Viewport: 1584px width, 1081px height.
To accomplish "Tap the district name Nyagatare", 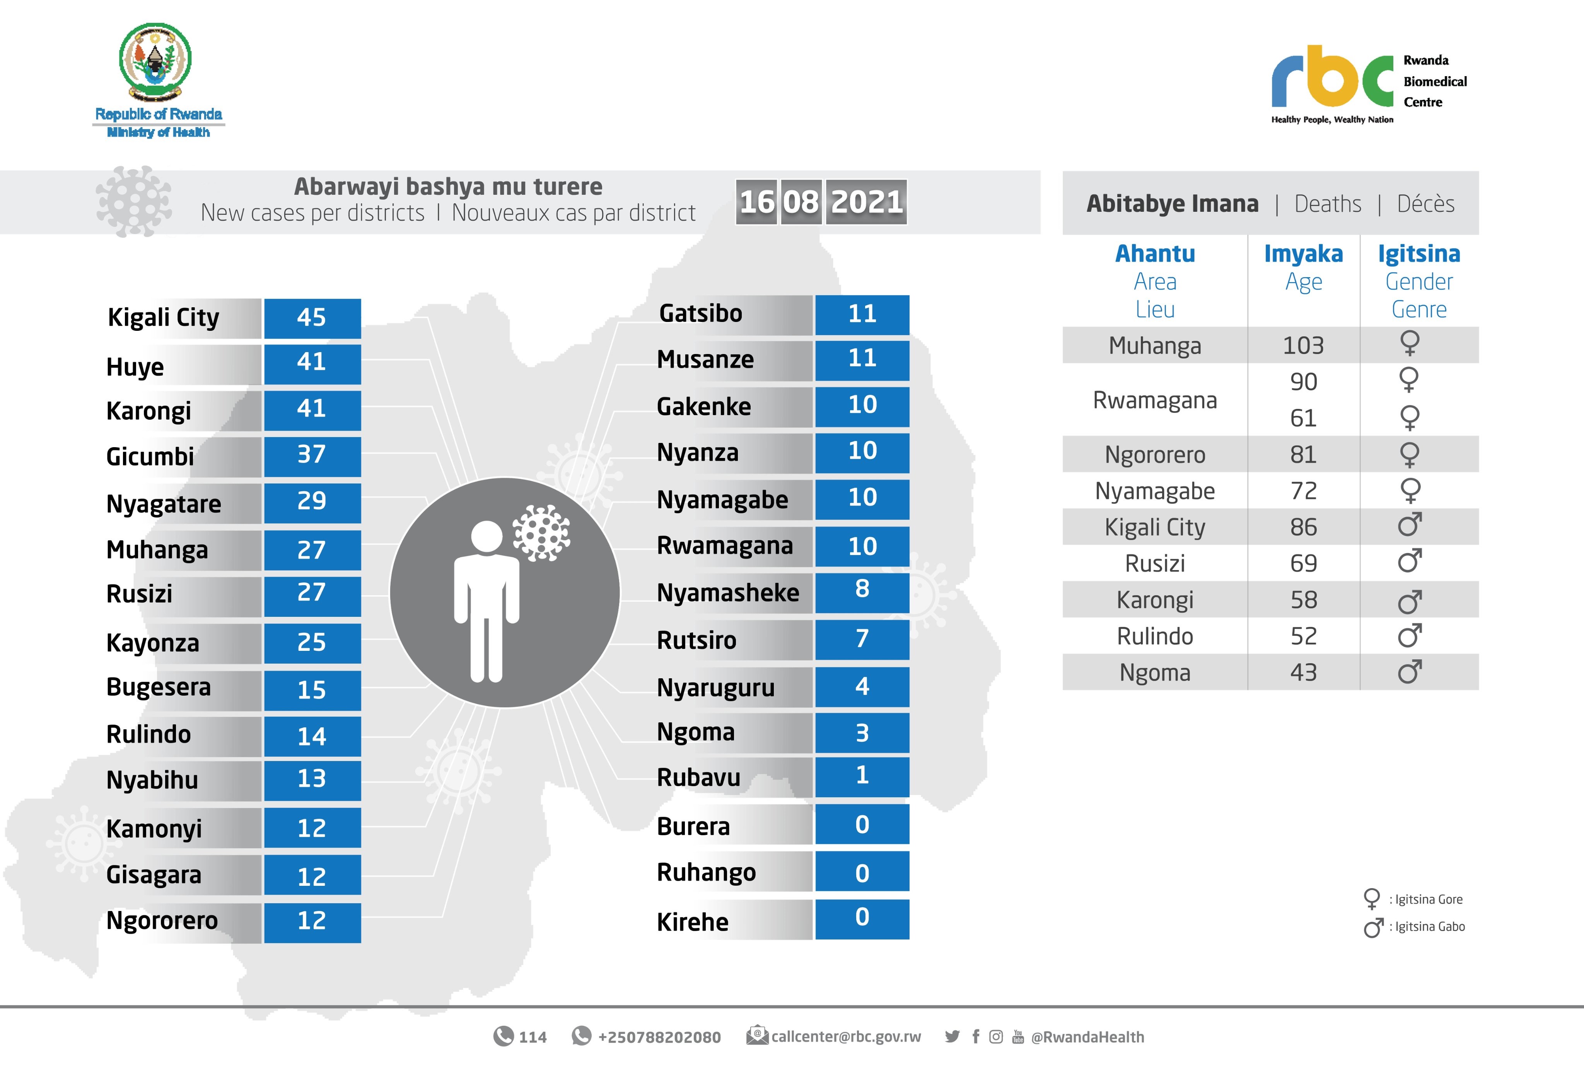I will click(x=164, y=504).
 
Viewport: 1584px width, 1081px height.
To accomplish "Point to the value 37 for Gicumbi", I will click(x=312, y=455).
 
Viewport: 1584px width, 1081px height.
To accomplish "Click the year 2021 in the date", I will click(x=866, y=202).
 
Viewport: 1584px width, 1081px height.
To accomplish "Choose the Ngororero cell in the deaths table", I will click(x=1155, y=455).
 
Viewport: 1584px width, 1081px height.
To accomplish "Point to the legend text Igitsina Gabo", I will click(x=1429, y=926).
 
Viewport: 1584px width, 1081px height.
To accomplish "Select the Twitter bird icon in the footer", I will click(x=952, y=1037).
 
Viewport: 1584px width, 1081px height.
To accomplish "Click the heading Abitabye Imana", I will click(x=1172, y=204).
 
